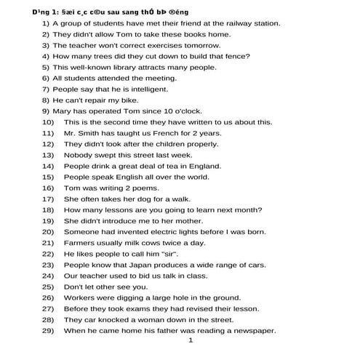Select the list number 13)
48,155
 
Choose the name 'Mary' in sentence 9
63,111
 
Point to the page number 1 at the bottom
191,340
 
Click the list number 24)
48,276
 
